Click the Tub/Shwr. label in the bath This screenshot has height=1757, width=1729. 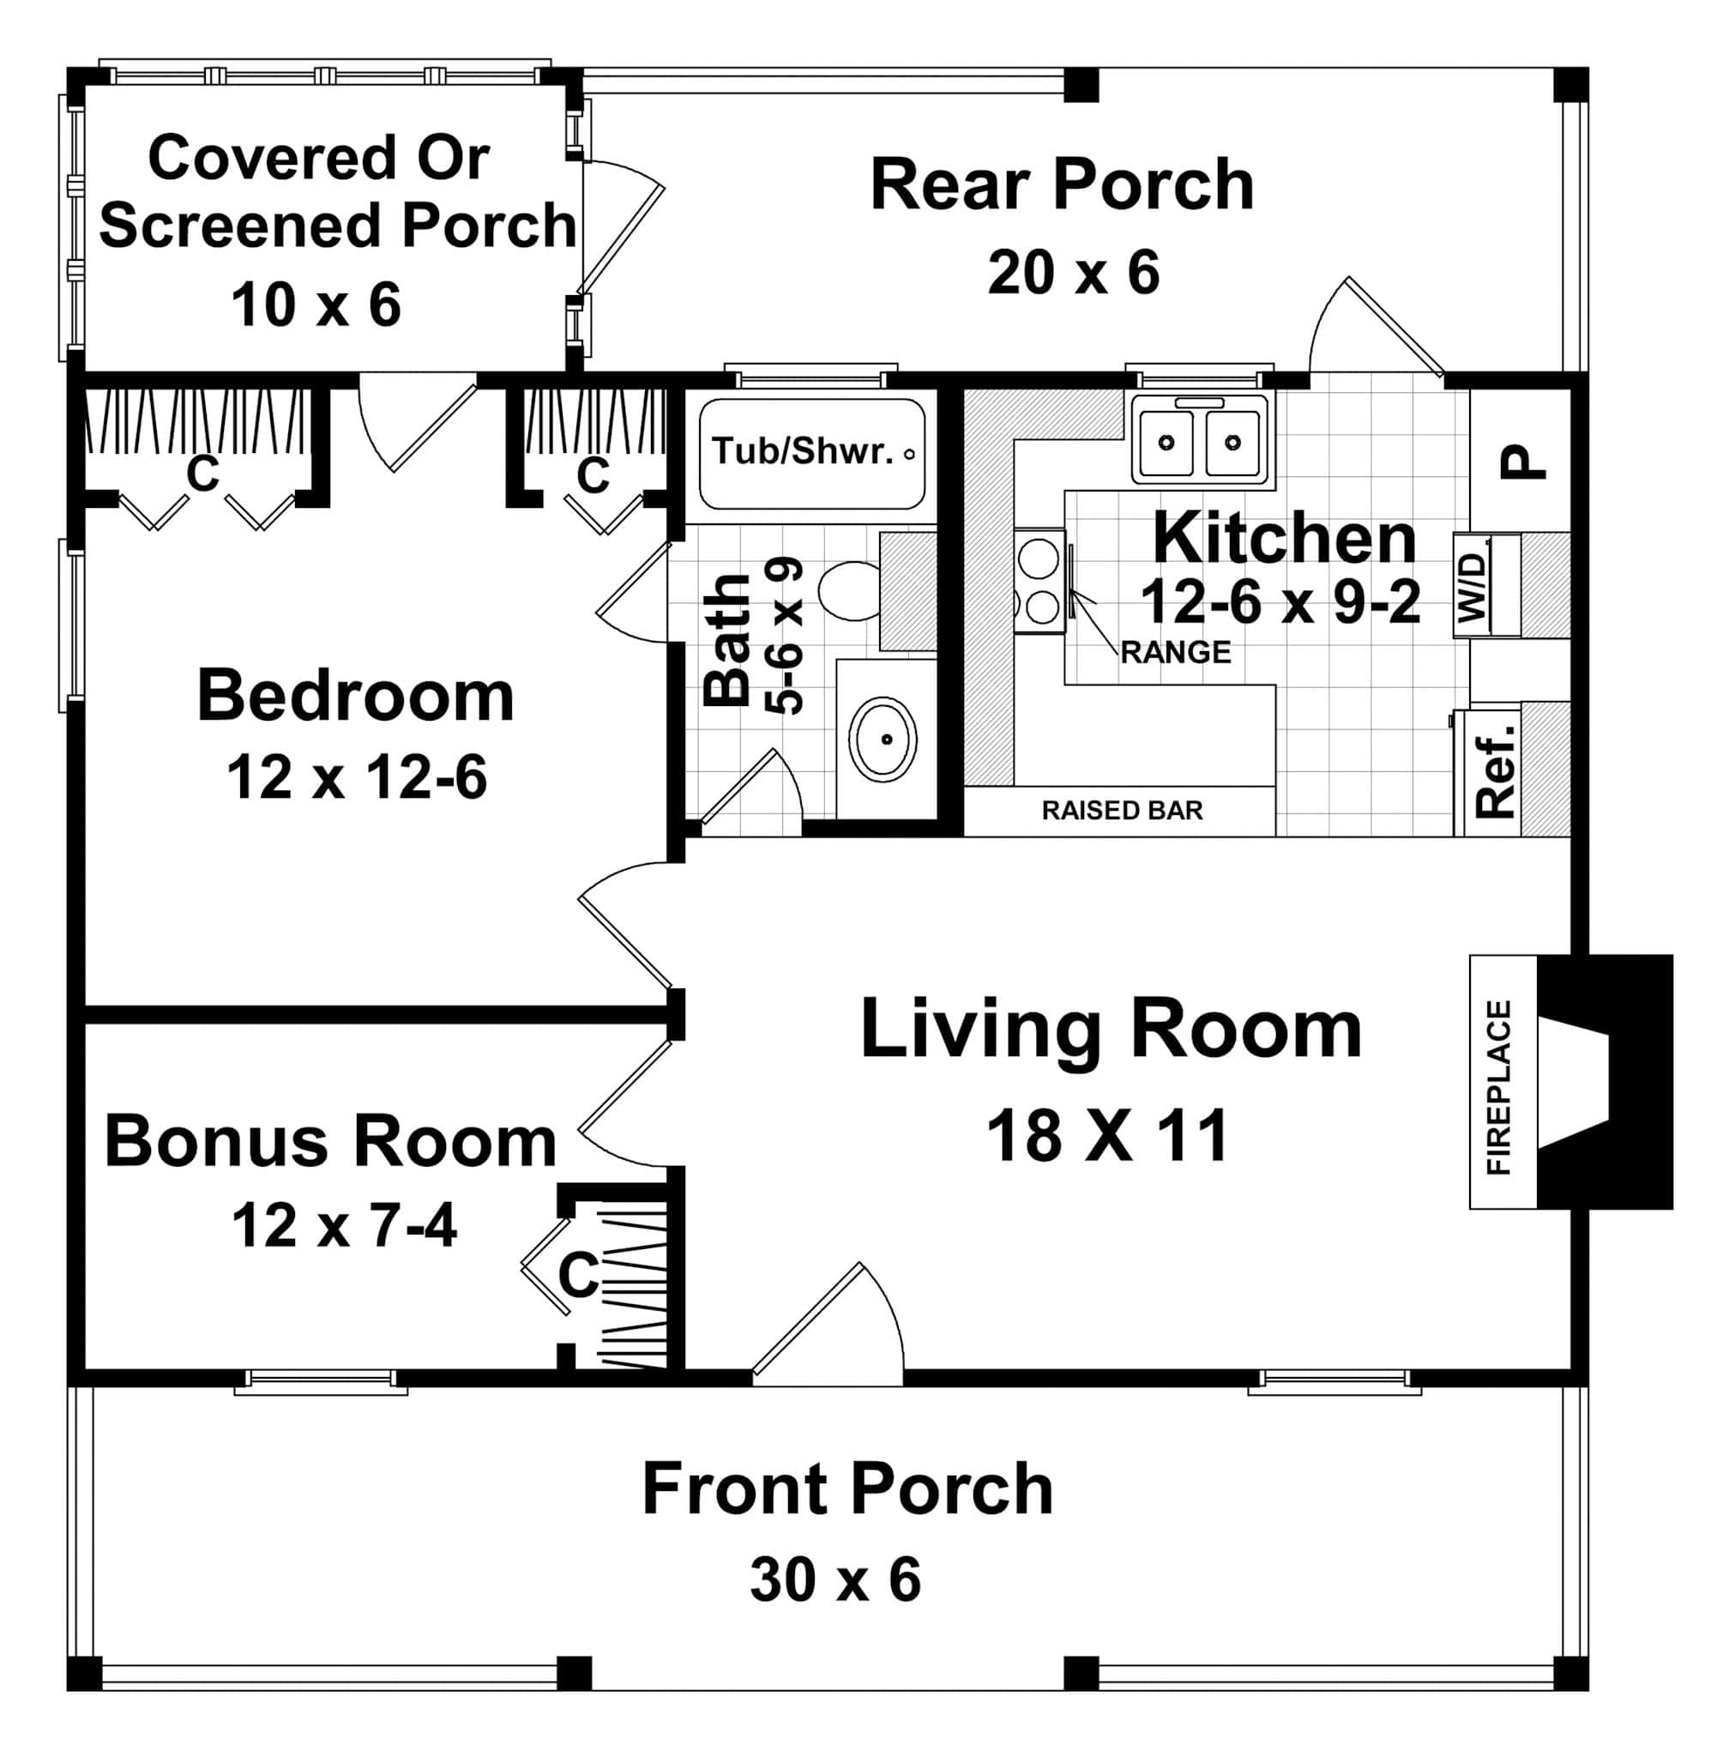(803, 451)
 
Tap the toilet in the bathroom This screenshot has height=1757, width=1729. (852, 591)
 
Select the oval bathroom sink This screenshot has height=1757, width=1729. (882, 740)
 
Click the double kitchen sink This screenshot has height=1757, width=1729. (1200, 442)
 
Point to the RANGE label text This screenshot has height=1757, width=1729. (1175, 652)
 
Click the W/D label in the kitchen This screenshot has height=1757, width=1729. (1473, 587)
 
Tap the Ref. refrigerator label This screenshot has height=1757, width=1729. (1495, 771)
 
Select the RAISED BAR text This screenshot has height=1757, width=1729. (1122, 811)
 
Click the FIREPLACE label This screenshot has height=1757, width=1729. (1498, 1088)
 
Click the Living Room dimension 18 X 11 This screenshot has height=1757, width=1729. (1108, 1137)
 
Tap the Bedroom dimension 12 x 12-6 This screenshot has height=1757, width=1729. (356, 777)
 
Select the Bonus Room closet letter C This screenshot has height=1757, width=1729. (577, 1276)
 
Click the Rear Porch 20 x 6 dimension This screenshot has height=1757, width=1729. (1074, 272)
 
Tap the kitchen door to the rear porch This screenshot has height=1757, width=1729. (1376, 329)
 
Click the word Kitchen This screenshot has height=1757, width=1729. (1284, 539)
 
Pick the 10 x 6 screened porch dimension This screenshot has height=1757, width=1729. (315, 305)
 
